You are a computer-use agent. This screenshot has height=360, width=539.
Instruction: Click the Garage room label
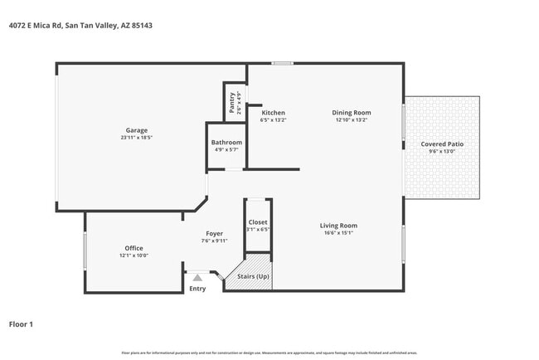click(x=137, y=130)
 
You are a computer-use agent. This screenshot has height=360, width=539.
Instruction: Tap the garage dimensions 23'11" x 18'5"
click(x=137, y=138)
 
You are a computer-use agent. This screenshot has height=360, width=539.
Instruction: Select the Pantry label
click(x=231, y=102)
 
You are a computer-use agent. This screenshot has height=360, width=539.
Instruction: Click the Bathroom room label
click(x=226, y=143)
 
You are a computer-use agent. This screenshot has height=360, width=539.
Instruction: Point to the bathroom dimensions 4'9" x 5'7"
click(x=226, y=150)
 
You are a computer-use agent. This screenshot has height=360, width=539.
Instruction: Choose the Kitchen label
click(x=274, y=113)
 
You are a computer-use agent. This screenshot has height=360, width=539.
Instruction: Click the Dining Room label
click(x=352, y=113)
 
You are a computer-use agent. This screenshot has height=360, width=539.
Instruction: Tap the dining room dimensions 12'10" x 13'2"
click(x=352, y=120)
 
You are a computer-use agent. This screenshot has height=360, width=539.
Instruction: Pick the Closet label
click(x=257, y=222)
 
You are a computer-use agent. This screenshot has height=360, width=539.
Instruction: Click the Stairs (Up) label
click(x=253, y=276)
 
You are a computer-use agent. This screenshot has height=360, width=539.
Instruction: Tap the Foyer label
click(x=214, y=234)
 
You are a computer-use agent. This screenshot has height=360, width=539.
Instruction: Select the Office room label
click(x=134, y=248)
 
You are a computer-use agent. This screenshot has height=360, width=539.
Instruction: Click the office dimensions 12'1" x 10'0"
click(x=134, y=255)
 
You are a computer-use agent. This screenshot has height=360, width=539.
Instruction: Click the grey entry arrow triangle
click(x=197, y=279)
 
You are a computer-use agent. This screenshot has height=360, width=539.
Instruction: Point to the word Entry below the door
click(x=197, y=289)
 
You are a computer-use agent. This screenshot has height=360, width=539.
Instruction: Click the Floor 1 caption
click(x=21, y=324)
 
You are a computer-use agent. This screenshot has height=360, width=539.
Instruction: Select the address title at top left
click(x=80, y=26)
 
